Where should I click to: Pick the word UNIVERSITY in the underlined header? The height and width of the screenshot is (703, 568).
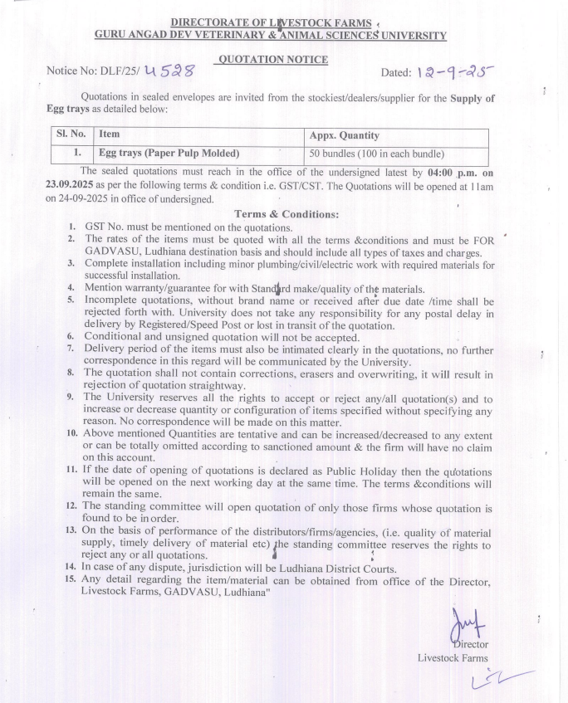tap(405, 35)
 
